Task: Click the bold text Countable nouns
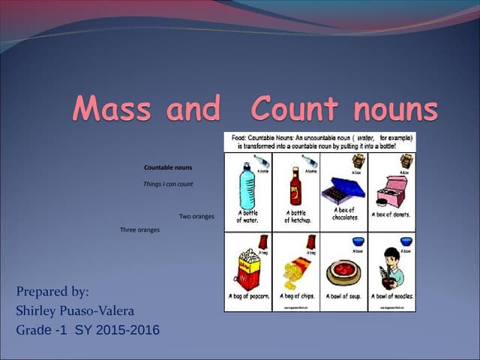(x=168, y=167)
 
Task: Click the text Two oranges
(x=196, y=217)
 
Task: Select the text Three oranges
(x=139, y=229)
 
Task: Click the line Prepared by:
(x=52, y=292)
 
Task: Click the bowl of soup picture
(x=343, y=271)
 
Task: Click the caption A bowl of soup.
(x=343, y=296)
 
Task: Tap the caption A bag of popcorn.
(x=247, y=296)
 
